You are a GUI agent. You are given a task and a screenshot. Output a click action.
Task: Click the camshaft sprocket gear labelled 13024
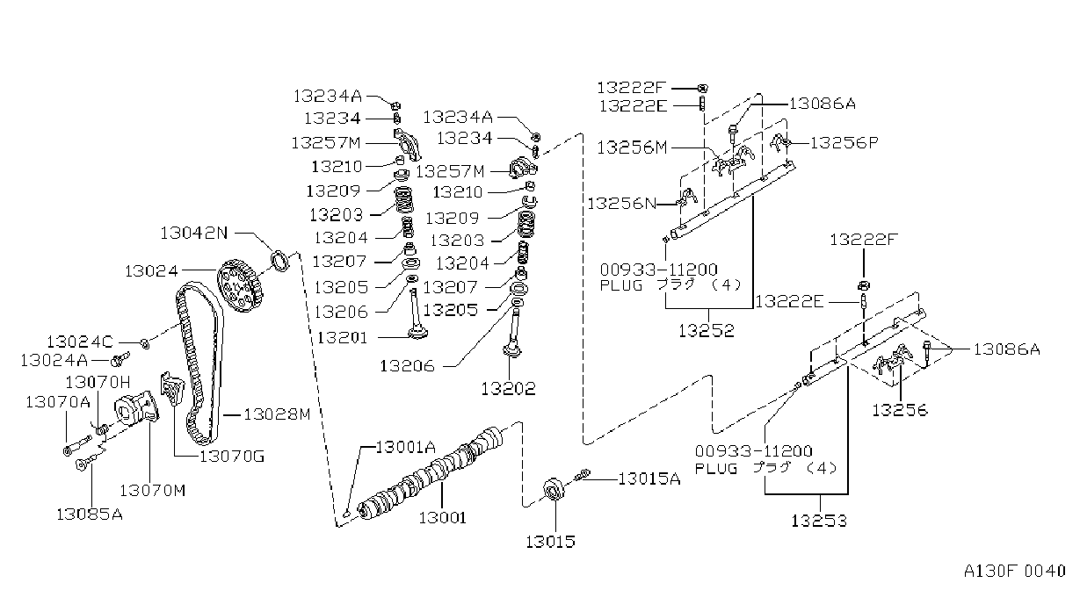240,285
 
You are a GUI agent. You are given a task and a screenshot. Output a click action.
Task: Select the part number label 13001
443,518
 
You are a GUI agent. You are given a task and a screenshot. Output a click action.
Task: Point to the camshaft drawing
430,474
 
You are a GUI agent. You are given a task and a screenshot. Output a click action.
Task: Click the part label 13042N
194,234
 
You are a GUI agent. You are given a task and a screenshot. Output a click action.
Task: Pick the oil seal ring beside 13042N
280,261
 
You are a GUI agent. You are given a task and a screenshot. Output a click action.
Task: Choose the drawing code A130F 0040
1014,572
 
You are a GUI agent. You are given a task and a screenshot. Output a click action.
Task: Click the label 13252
707,330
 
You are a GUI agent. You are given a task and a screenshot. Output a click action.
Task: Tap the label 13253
819,521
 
